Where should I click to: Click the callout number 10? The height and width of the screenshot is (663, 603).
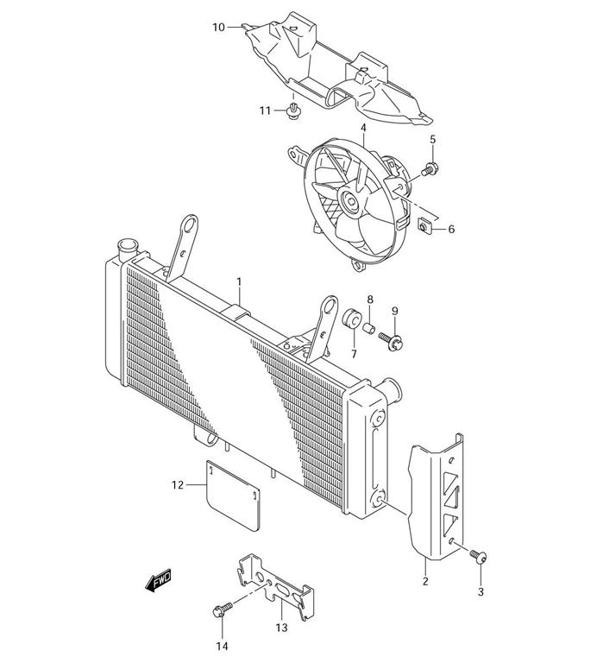(218, 28)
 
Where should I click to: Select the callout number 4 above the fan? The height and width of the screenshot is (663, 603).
(363, 128)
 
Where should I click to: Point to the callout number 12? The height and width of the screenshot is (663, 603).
(178, 485)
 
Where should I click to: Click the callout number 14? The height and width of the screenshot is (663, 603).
(222, 646)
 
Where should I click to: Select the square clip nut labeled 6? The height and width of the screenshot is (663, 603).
(424, 227)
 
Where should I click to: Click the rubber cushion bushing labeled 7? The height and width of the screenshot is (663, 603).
(353, 319)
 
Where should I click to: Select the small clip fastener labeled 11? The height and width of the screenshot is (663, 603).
(295, 109)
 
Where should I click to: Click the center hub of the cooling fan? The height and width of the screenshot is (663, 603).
(353, 204)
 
